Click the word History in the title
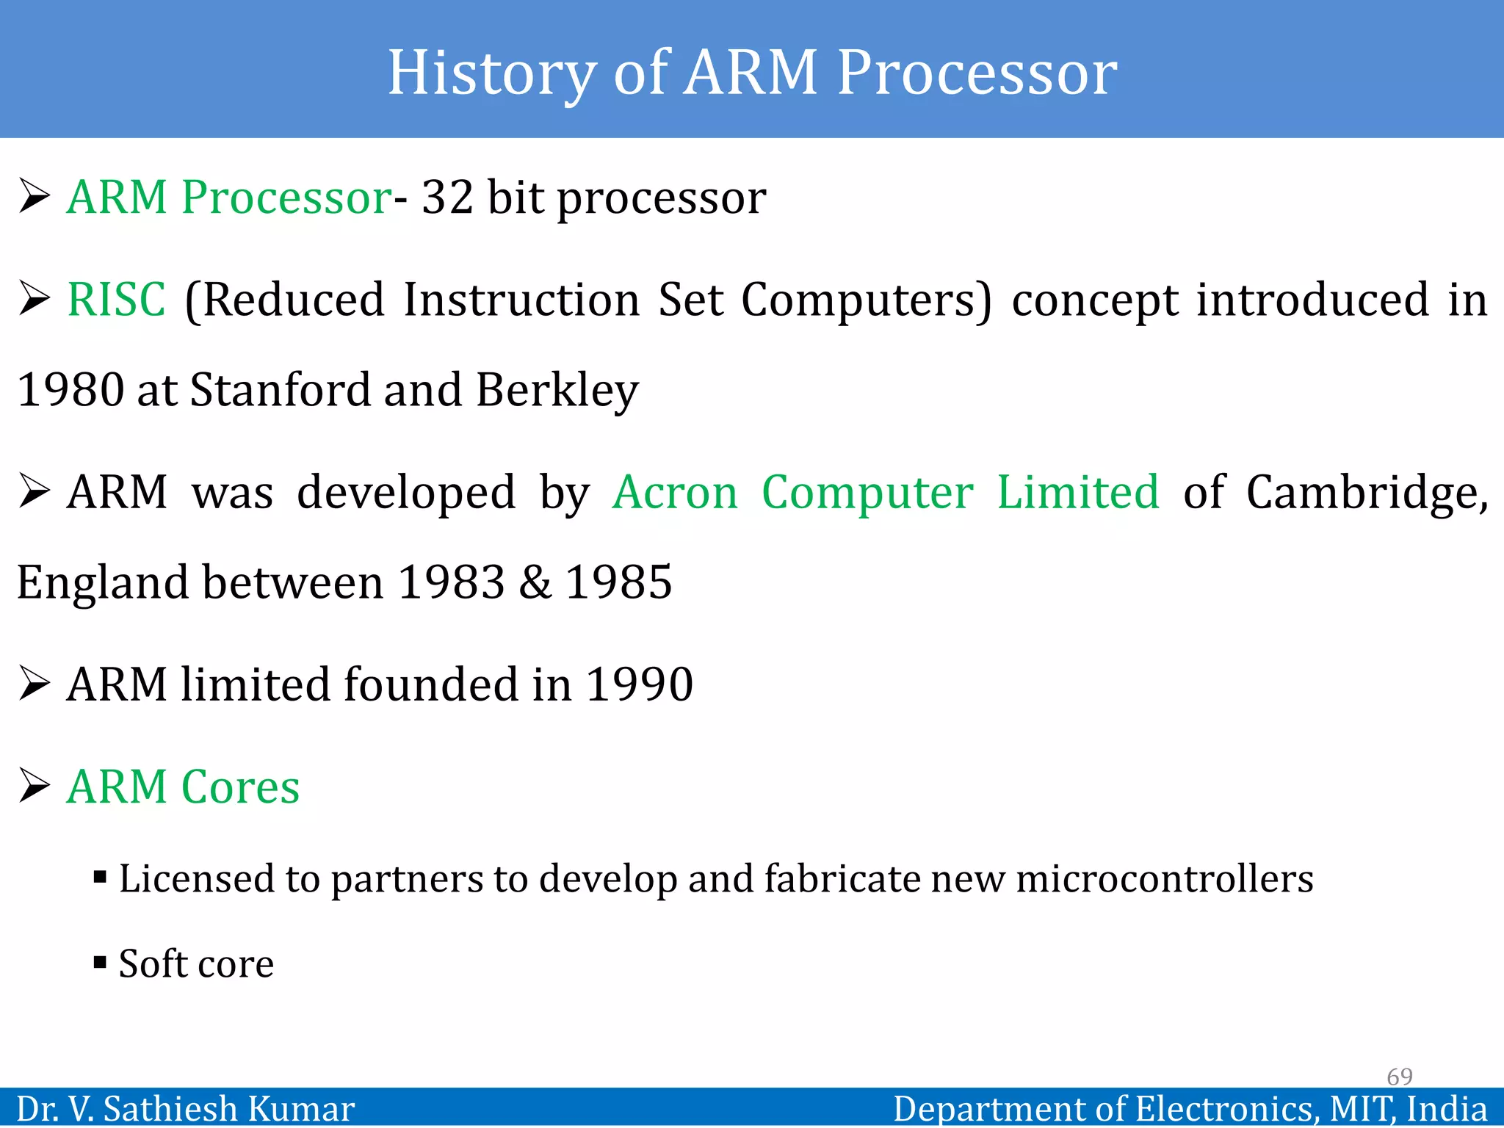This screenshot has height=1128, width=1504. click(x=491, y=73)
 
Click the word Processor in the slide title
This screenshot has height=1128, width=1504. click(x=977, y=73)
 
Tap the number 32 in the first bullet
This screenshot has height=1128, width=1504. click(x=447, y=198)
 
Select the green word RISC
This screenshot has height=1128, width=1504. click(x=116, y=300)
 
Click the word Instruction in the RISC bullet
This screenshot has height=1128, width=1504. click(x=521, y=300)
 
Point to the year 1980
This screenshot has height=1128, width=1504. click(x=70, y=390)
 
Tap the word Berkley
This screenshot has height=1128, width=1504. click(x=557, y=390)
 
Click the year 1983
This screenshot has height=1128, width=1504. click(x=451, y=582)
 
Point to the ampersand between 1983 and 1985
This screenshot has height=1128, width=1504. click(x=535, y=582)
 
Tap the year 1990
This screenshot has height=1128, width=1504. click(x=639, y=684)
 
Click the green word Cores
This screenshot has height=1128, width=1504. click(x=240, y=787)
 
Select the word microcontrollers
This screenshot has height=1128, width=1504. click(x=1165, y=879)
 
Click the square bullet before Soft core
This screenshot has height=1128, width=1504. click(x=101, y=962)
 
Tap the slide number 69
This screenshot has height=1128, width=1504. click(x=1399, y=1077)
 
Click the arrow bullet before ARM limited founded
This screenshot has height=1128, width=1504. click(x=34, y=684)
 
